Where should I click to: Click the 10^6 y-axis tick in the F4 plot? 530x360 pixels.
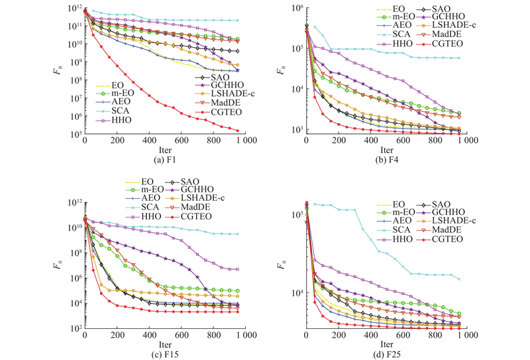[x=295, y=7]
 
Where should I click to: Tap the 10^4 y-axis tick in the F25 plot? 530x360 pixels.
[x=295, y=293]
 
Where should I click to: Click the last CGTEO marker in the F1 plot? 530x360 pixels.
[x=237, y=131]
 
